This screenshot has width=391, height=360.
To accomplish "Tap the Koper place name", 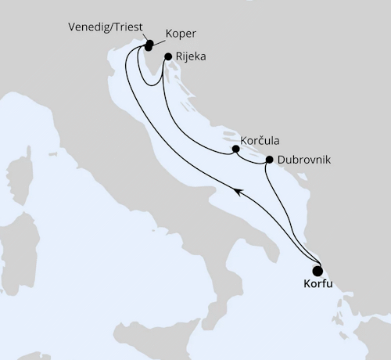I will [181, 34].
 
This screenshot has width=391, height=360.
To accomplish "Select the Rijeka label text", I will [192, 56].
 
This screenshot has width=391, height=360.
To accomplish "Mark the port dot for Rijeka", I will [167, 56].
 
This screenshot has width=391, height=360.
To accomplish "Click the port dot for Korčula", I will [235, 148].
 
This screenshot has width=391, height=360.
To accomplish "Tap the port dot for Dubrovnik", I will [269, 160].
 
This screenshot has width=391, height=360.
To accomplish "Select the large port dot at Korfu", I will [317, 267].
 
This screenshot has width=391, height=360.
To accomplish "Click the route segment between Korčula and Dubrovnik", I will [252, 160].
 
